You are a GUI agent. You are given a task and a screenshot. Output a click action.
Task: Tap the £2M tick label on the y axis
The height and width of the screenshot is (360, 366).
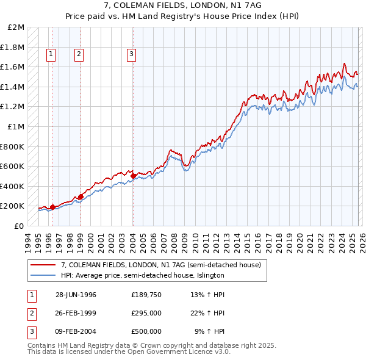pos(16,27)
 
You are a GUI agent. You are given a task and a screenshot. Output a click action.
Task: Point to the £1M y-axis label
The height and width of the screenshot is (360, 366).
pos(16,126)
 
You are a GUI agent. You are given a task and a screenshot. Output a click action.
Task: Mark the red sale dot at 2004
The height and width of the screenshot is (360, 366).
pos(133,176)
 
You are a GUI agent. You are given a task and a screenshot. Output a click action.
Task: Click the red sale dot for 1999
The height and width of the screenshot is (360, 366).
pos(81,196)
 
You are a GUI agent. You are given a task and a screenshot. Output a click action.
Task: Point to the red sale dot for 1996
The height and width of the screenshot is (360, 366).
pos(52,207)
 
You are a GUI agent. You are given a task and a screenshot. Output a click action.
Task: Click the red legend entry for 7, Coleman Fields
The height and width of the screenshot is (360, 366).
pos(161,265)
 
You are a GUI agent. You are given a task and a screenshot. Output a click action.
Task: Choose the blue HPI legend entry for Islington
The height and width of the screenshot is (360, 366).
pos(143,275)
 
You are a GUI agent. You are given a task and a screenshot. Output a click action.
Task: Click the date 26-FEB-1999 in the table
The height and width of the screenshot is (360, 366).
pos(76,313)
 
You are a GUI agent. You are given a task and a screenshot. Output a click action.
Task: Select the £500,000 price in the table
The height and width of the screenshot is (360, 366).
pos(146,331)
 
